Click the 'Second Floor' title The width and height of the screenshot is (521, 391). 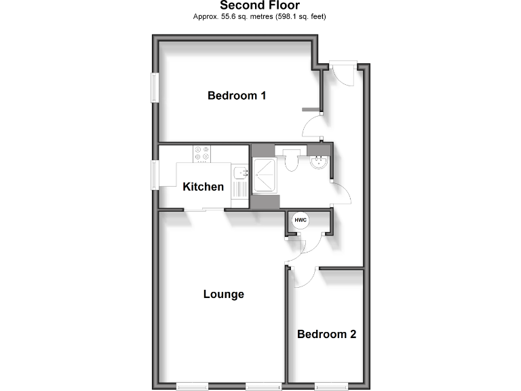260,6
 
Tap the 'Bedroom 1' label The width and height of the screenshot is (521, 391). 236,96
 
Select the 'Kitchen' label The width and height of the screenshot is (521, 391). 203,187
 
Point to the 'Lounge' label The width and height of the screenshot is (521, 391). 223,295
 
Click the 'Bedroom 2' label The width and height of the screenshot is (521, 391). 326,334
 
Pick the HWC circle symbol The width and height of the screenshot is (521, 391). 300,220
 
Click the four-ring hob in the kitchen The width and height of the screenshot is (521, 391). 202,155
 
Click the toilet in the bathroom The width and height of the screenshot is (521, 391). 292,160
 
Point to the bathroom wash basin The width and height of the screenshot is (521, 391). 318,162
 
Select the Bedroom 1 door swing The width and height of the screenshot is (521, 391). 313,126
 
